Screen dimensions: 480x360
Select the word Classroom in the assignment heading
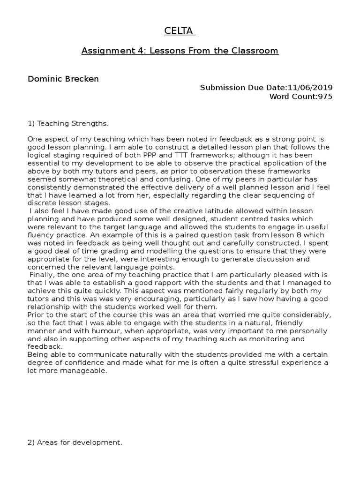coord(256,51)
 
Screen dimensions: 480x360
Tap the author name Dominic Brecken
coord(63,79)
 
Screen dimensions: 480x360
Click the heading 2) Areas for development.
coord(75,442)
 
